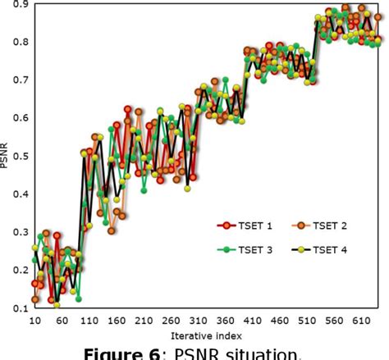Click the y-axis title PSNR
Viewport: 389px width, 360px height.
point(4,157)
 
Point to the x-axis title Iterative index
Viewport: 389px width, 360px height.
point(208,336)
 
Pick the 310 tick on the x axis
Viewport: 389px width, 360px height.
point(242,321)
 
